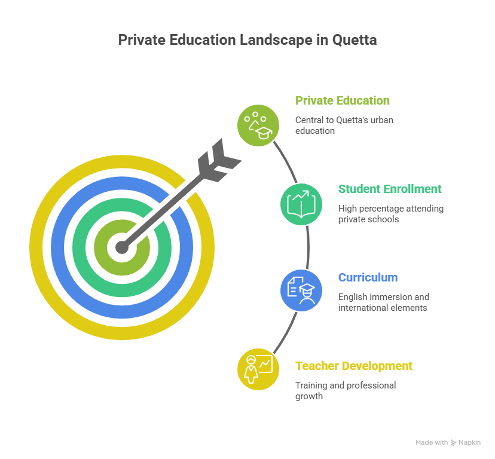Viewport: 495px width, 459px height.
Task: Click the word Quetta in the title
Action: [x=354, y=40]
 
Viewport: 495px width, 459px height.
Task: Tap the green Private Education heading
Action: [x=342, y=100]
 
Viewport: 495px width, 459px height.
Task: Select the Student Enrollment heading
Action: [x=390, y=189]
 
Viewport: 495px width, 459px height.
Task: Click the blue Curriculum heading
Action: [x=368, y=277]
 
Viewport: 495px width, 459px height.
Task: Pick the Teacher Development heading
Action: [x=353, y=366]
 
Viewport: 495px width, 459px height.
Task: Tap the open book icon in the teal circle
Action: [x=301, y=204]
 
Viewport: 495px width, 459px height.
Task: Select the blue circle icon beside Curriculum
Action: [x=301, y=290]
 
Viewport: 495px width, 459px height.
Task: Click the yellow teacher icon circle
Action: [x=258, y=369]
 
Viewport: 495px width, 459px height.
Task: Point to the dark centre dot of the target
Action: [x=122, y=247]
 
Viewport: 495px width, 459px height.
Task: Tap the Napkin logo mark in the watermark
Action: [x=453, y=443]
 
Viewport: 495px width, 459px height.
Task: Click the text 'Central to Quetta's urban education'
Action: [x=344, y=126]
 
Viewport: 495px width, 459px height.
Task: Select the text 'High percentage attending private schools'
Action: [x=391, y=214]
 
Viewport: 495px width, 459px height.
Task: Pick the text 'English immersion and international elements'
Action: [x=384, y=302]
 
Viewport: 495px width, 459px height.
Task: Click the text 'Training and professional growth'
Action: [x=346, y=390]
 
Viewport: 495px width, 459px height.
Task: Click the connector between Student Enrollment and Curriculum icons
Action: [x=308, y=247]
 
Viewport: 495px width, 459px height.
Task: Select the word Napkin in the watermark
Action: [x=469, y=443]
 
